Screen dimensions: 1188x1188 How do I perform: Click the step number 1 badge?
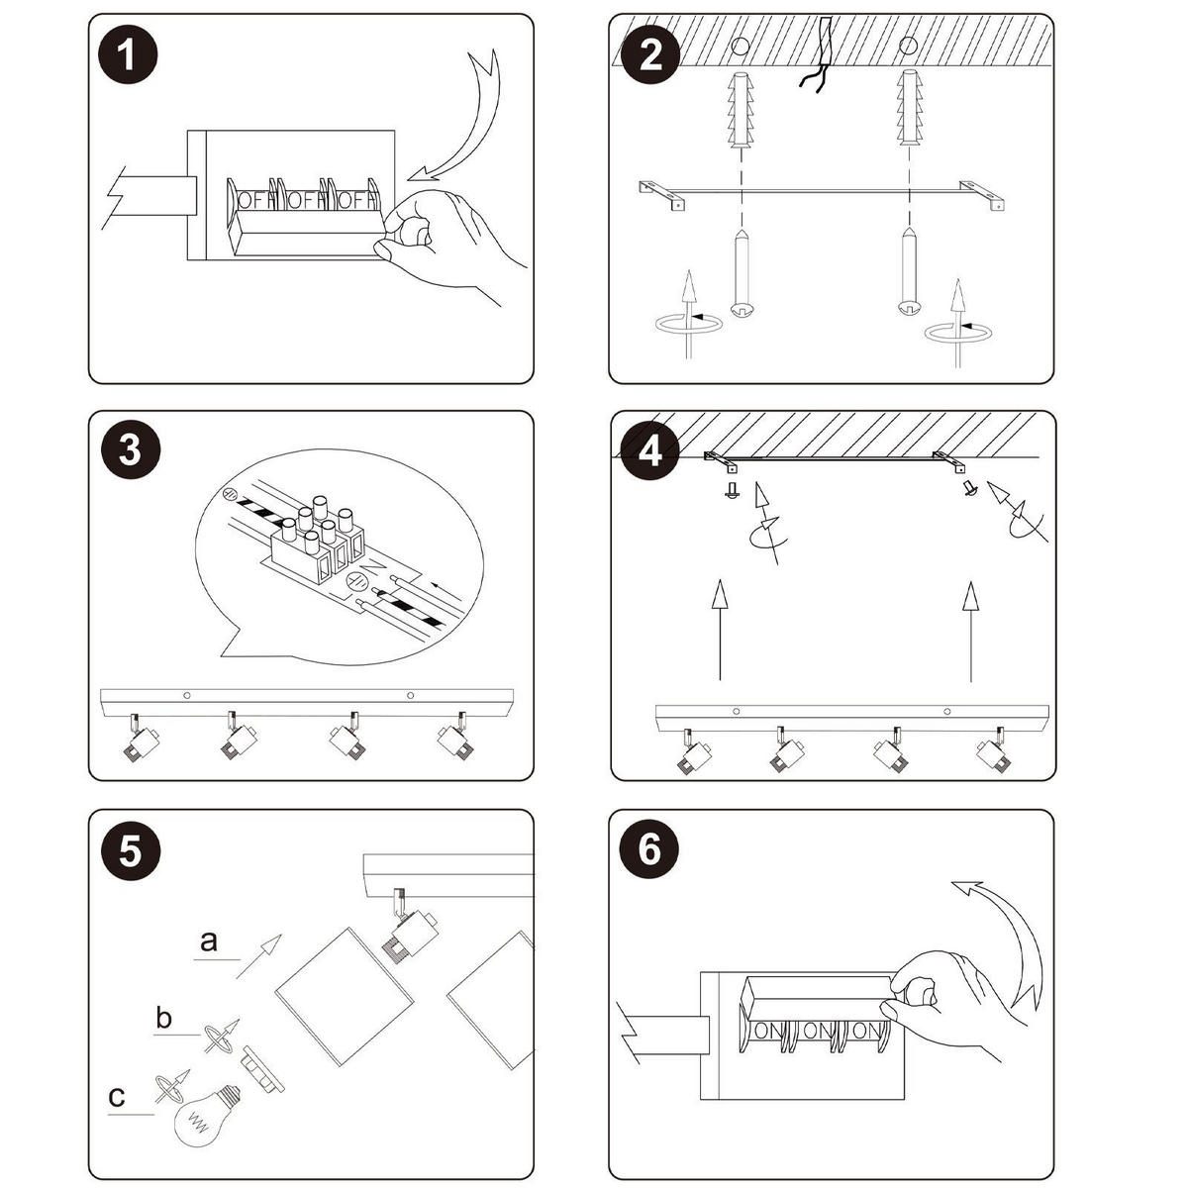point(129,55)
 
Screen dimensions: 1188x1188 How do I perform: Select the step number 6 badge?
point(649,850)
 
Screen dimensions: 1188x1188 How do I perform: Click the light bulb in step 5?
point(203,1112)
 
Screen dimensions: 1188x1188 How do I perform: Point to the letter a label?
point(208,940)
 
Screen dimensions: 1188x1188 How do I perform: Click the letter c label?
point(117,1096)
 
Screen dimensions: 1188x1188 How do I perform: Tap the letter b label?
point(164,1018)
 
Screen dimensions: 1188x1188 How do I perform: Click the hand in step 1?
point(445,238)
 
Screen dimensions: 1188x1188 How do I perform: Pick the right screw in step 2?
point(908,272)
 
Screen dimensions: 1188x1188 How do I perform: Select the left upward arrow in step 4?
point(720,629)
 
